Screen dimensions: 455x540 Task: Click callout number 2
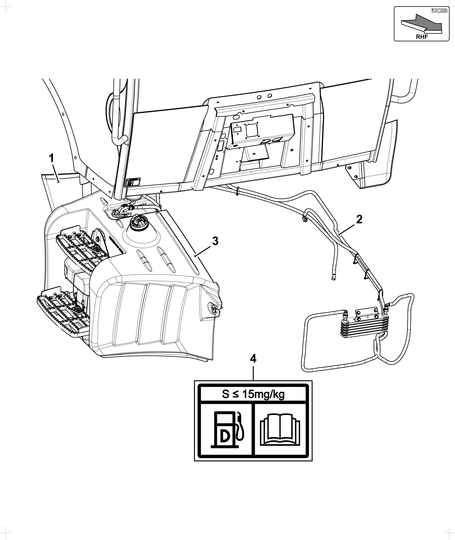359,219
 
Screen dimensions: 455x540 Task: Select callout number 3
215,241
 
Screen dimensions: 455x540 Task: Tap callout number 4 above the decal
253,359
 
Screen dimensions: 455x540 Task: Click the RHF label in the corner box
422,37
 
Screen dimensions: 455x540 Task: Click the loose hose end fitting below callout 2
332,277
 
